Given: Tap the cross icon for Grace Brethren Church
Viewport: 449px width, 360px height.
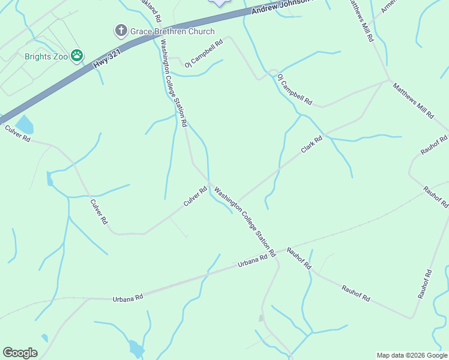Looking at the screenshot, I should coord(121,30).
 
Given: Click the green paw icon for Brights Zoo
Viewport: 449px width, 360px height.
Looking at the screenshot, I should coord(77,56).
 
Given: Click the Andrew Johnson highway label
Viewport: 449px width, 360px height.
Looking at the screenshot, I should coord(282,8).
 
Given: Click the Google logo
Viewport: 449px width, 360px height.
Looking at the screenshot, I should coord(20,353).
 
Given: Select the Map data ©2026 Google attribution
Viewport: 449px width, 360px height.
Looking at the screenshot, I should coord(412,355).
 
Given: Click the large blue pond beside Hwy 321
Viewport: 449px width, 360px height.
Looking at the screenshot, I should coord(25,125).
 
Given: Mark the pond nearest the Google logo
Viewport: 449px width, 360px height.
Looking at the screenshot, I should coord(136,347).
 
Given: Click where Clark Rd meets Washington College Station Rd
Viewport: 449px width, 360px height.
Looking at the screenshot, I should coord(237,203).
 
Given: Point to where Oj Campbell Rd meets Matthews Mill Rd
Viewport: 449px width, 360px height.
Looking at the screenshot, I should coord(387,81).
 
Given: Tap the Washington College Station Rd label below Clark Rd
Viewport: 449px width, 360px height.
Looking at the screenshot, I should coord(244,221).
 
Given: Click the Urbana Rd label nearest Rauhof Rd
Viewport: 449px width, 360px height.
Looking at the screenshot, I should coord(252,261).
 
